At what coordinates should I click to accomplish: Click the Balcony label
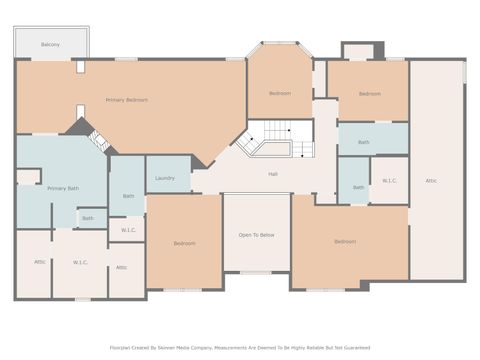click(x=50, y=45)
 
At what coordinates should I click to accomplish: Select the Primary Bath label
click(x=62, y=188)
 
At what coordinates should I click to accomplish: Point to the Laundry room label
click(x=165, y=178)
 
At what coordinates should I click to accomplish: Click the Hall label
click(x=272, y=174)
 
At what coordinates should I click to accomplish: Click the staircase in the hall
click(x=272, y=142)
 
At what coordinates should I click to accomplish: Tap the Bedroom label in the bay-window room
click(x=279, y=93)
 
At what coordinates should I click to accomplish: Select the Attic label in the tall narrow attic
click(x=431, y=180)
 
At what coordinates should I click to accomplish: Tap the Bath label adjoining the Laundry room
click(x=128, y=196)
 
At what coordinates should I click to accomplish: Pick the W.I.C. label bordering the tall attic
click(x=388, y=181)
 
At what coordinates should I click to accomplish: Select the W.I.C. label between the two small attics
click(x=80, y=263)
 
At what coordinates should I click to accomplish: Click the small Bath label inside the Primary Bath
click(x=88, y=218)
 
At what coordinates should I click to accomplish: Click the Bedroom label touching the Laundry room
click(x=184, y=243)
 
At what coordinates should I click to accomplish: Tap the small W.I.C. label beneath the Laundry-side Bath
click(x=128, y=230)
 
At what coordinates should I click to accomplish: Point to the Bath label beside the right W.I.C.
click(x=358, y=187)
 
